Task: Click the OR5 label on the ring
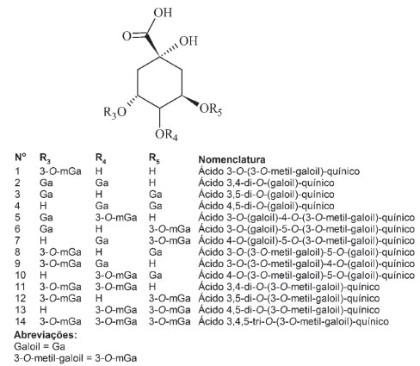click(211, 109)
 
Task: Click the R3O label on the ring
click(114, 112)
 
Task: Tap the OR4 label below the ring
click(166, 134)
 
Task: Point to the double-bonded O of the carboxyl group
click(127, 36)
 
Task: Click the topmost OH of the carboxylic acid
click(163, 13)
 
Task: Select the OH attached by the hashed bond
click(188, 40)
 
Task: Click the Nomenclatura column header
click(232, 159)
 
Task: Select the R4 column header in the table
click(101, 158)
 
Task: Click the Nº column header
click(20, 158)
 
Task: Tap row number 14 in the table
click(20, 321)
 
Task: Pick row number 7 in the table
click(17, 240)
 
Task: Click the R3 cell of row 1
click(60, 171)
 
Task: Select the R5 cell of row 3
click(155, 195)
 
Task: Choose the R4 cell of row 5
click(116, 217)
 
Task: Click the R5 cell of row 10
click(155, 276)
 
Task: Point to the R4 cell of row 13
click(116, 310)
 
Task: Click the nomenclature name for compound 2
click(266, 183)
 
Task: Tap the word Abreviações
click(46, 335)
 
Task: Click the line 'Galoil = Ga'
click(40, 346)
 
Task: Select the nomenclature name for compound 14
click(293, 321)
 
